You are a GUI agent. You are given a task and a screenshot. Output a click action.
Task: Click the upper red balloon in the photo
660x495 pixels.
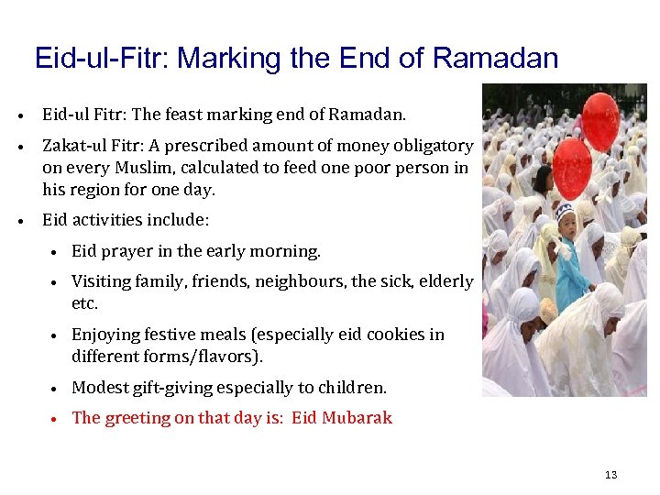(x=600, y=121)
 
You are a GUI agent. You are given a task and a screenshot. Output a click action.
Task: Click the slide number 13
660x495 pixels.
(x=611, y=475)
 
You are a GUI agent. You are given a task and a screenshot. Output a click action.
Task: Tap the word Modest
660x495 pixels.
(x=99, y=388)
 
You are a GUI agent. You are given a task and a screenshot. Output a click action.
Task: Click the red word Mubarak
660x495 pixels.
(x=358, y=418)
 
